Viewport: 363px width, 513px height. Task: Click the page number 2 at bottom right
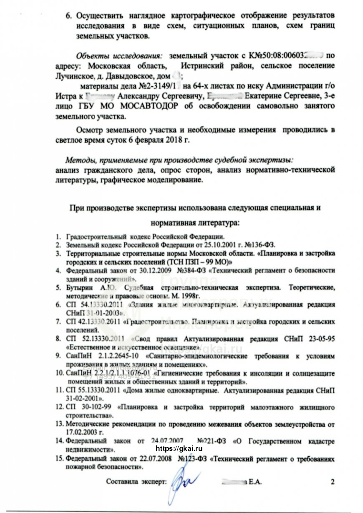pos(333,482)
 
